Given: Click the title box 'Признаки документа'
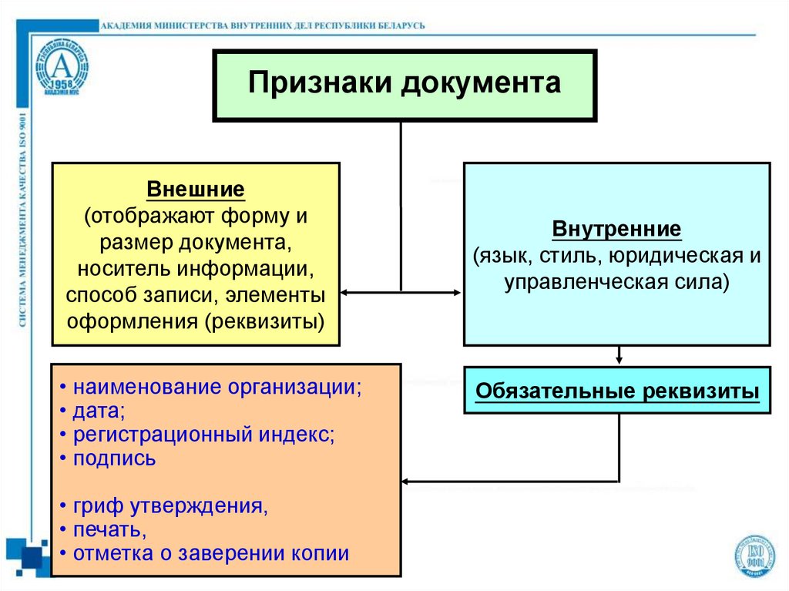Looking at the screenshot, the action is pos(404,84).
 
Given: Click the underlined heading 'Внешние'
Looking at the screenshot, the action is pos(195,189).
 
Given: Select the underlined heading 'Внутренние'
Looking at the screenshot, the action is pos(616,230).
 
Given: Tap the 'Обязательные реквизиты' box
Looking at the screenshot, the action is pos(617,391).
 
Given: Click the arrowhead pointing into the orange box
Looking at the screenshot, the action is pos(406,482).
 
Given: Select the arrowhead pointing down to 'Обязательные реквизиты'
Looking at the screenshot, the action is pos(618,360).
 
